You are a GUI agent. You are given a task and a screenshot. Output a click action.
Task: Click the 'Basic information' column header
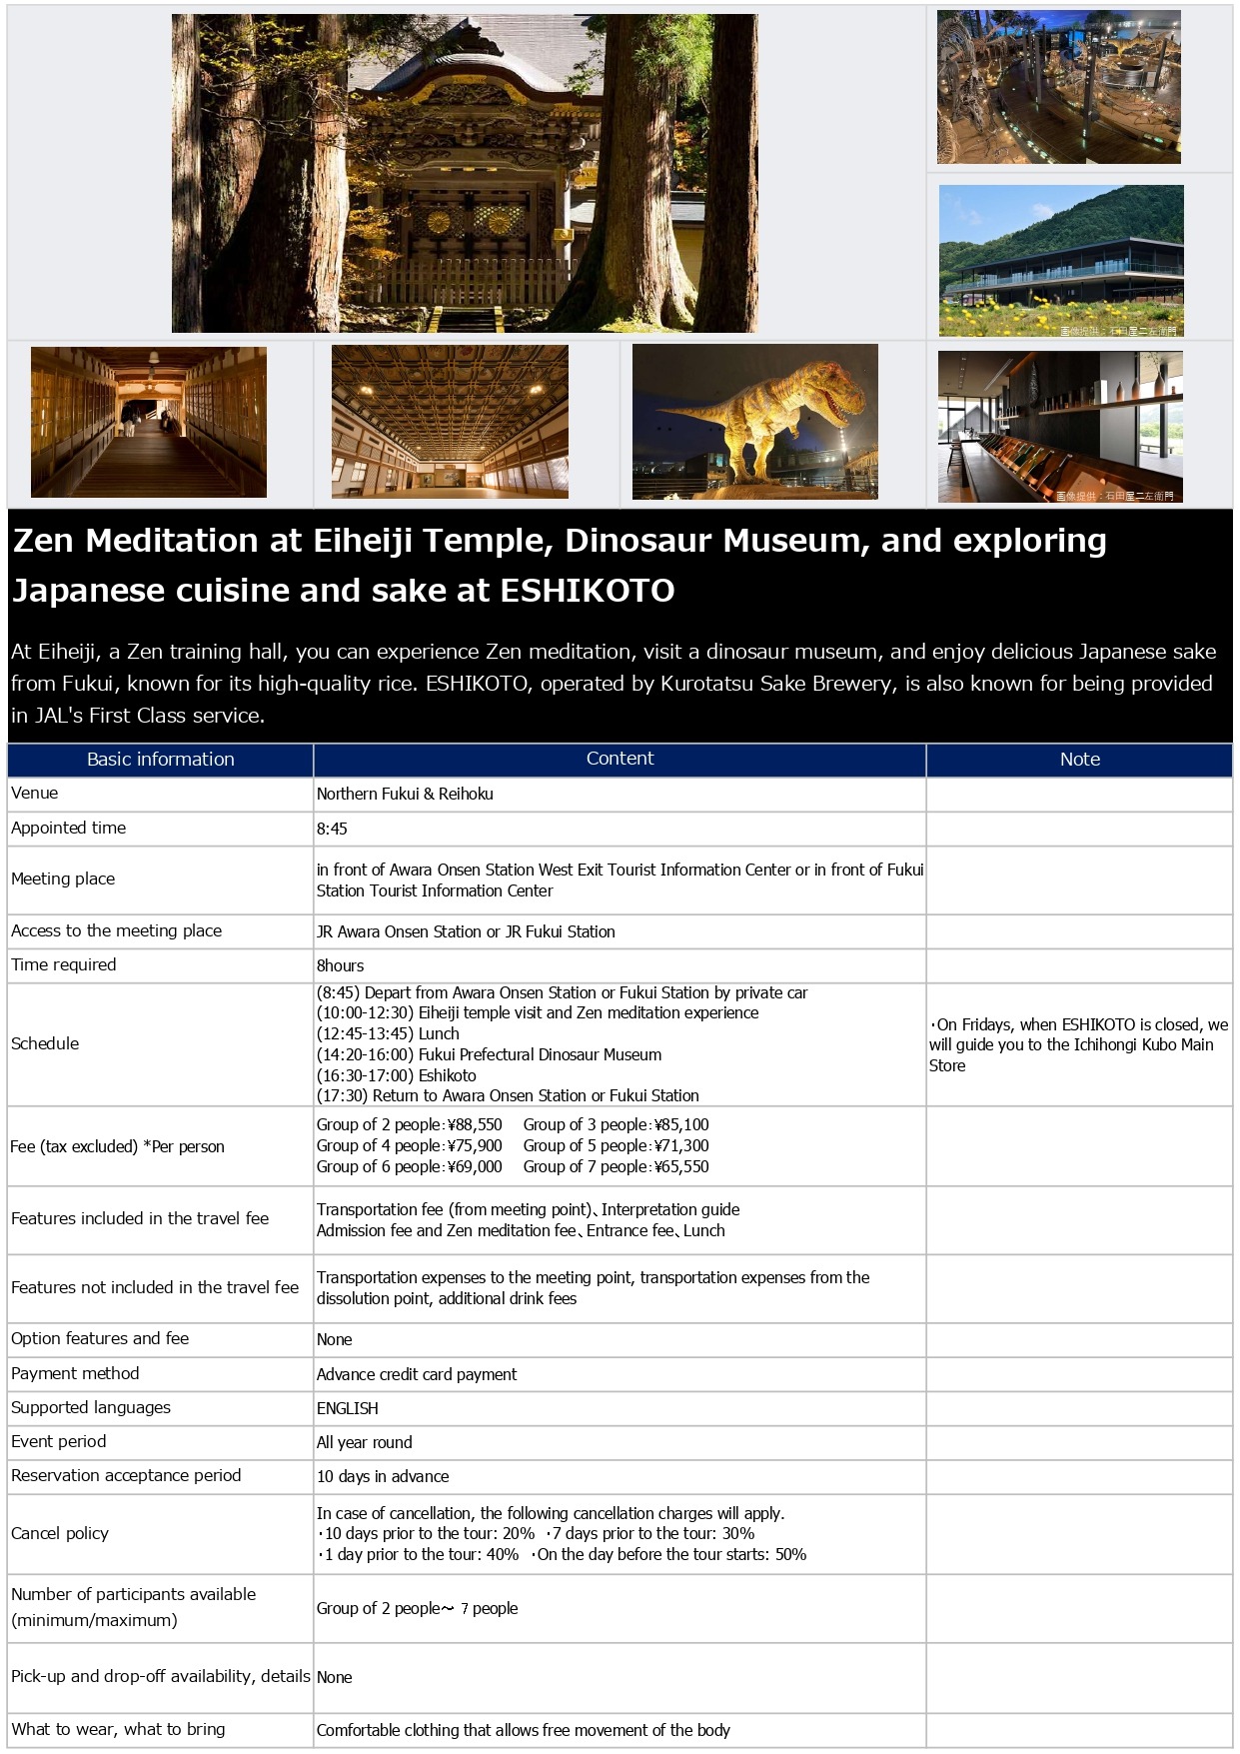160,760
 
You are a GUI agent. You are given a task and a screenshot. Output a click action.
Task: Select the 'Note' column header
1079,760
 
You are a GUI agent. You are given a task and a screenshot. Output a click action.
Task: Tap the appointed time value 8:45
332,829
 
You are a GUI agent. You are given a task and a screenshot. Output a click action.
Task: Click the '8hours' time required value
340,965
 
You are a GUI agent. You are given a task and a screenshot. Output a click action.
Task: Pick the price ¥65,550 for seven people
681,1167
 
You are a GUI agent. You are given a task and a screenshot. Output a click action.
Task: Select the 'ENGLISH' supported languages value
347,1408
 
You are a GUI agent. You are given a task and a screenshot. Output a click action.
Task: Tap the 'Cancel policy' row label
60,1533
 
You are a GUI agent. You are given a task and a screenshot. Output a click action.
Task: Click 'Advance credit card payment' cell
417,1374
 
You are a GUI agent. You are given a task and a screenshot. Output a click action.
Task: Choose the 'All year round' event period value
364,1442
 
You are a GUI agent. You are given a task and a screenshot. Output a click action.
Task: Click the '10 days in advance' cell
383,1476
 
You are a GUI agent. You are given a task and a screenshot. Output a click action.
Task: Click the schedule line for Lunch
388,1033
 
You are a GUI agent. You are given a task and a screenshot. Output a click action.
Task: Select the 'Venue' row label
35,794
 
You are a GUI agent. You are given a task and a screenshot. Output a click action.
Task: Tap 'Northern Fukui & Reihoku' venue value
405,794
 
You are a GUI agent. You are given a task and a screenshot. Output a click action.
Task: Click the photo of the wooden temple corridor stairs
149,422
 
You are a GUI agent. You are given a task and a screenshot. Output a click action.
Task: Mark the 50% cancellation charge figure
790,1554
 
